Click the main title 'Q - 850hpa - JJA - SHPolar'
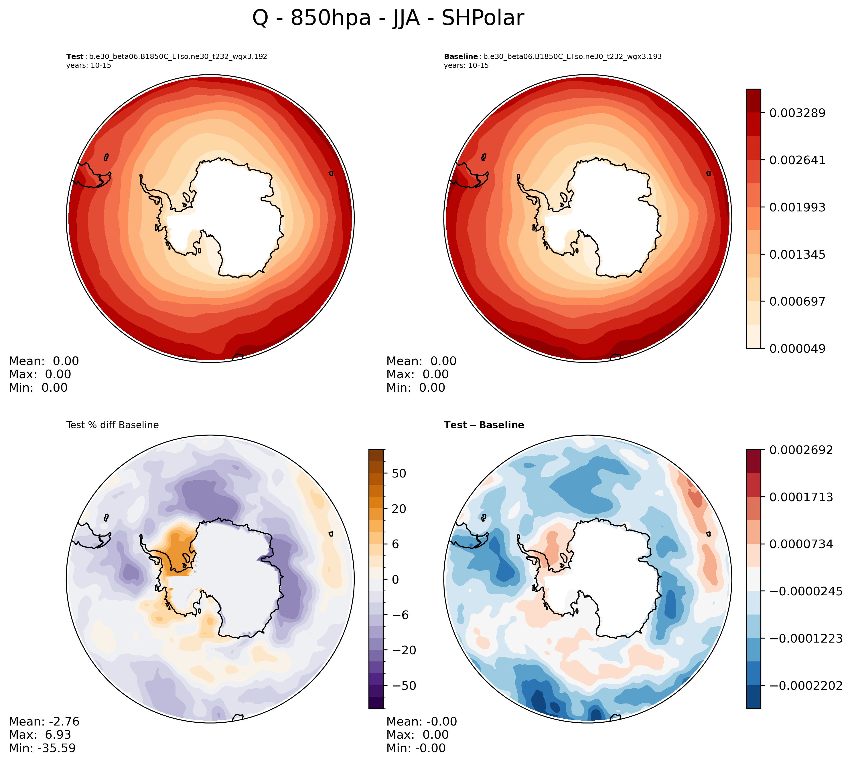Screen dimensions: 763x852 (x=388, y=18)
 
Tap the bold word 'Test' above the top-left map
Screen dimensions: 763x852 (x=75, y=57)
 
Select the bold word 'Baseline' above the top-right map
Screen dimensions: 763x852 (x=461, y=57)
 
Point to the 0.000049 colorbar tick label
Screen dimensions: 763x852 (x=797, y=349)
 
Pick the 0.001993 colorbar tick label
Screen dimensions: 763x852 (x=797, y=207)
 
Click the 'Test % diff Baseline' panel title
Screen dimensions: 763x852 (x=113, y=425)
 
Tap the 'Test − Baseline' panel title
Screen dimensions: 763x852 (x=484, y=425)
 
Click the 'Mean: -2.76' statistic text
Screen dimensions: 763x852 (x=44, y=722)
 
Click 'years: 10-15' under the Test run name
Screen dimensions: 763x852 (x=88, y=66)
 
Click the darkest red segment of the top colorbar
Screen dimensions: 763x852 (x=754, y=101)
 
